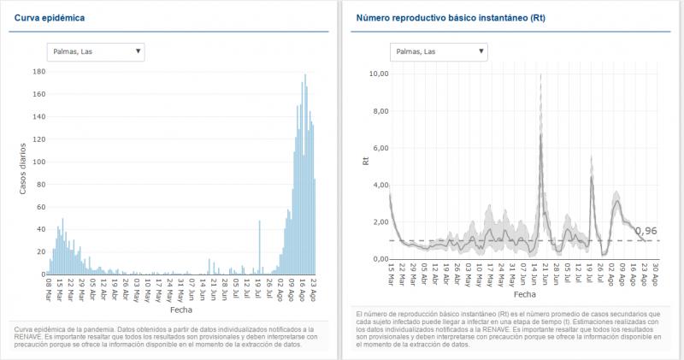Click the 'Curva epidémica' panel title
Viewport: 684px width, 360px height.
[x=49, y=17]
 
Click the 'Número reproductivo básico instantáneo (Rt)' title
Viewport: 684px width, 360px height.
[x=451, y=17]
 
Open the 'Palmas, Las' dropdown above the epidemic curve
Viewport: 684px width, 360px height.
[x=95, y=51]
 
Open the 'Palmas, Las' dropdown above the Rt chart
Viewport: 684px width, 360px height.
[x=438, y=51]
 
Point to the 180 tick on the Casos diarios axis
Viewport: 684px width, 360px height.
[x=38, y=71]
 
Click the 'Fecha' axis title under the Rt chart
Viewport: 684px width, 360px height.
[x=524, y=316]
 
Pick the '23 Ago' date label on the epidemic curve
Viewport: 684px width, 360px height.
[x=314, y=287]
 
